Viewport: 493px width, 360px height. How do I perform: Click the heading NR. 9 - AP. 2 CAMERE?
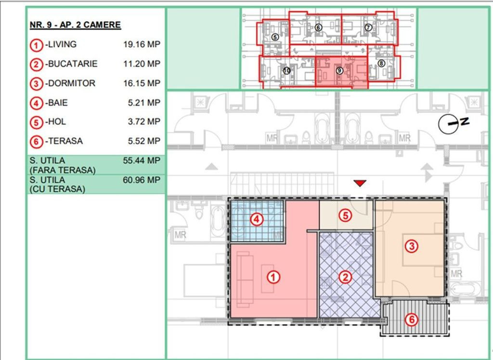click(75, 25)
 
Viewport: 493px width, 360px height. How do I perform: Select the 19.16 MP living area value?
click(142, 44)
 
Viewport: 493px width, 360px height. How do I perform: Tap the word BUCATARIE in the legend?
click(73, 64)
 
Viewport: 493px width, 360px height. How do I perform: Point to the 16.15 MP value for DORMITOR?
click(142, 83)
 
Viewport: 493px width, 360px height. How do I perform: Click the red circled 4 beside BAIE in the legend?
click(37, 104)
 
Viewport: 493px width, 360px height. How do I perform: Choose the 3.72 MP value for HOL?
click(144, 122)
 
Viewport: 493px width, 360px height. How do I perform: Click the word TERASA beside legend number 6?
click(65, 141)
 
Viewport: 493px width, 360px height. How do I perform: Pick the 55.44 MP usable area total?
click(142, 160)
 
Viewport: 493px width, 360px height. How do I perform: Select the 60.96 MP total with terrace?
click(142, 180)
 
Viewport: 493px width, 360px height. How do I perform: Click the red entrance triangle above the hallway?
click(360, 183)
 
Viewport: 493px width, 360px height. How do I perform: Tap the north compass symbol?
click(453, 123)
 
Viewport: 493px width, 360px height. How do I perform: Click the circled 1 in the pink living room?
click(273, 277)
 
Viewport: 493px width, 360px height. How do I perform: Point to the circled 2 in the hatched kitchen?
click(345, 277)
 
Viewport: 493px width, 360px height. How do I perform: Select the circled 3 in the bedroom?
click(411, 246)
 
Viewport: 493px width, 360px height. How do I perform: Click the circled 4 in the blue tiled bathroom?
click(257, 219)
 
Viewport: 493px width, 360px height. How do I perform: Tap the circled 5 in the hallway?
click(345, 215)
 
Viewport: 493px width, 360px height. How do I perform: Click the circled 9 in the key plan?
click(339, 70)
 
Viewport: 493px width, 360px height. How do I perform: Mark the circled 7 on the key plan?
click(368, 27)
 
